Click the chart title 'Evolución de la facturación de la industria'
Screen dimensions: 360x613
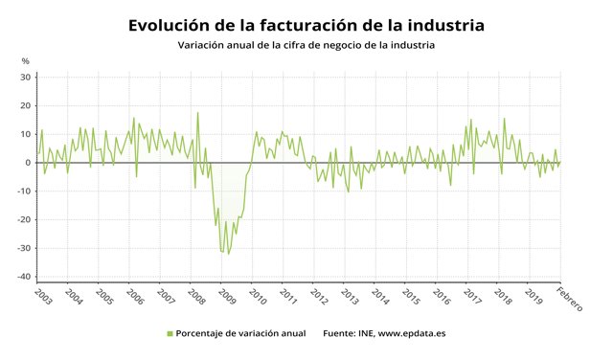click(306, 24)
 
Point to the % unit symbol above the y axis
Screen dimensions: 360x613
click(26, 61)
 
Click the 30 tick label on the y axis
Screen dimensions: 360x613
click(26, 77)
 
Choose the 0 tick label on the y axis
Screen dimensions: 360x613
click(29, 163)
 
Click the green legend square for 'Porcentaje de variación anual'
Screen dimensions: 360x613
click(170, 334)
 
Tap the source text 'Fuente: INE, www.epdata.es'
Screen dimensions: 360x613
click(384, 334)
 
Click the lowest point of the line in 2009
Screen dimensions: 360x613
click(228, 254)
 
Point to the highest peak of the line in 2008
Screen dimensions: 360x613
click(198, 113)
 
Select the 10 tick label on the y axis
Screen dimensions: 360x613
click(26, 134)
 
